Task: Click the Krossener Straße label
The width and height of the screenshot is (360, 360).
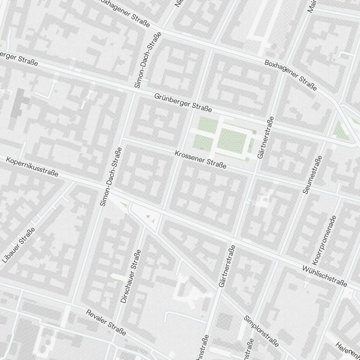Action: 201,159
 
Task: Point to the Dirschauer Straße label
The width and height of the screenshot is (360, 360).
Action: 129,276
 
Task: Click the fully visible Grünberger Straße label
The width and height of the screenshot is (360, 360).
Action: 183,102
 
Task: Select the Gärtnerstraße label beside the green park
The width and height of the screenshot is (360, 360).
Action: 266,138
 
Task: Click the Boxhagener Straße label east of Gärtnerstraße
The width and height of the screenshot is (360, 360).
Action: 291,75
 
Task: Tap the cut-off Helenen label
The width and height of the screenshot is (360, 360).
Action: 347,351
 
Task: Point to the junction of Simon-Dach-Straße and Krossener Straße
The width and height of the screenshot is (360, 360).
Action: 122,138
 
